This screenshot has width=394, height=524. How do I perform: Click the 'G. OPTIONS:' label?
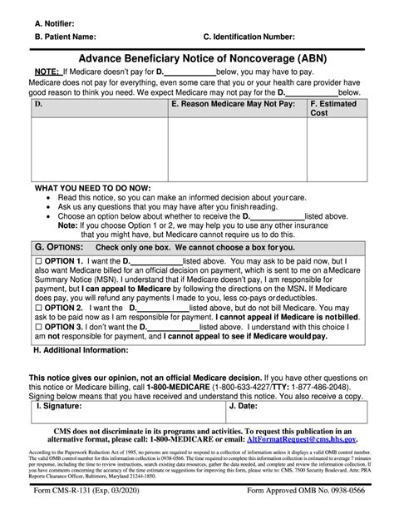click(x=58, y=249)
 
